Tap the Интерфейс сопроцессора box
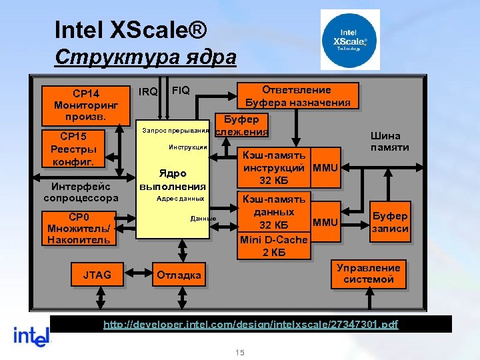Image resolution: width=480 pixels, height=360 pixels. pyautogui.click(x=81, y=192)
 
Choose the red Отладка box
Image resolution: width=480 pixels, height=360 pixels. pyautogui.click(x=179, y=275)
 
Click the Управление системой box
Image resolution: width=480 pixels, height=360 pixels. pyautogui.click(x=368, y=273)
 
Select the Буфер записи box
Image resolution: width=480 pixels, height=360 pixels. pyautogui.click(x=390, y=222)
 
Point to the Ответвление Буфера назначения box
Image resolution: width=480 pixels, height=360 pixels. pyautogui.click(x=297, y=95)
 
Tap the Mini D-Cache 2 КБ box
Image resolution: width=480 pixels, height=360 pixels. pyautogui.click(x=275, y=245)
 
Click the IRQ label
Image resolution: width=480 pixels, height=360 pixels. pyautogui.click(x=147, y=91)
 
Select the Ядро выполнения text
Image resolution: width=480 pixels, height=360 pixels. pyautogui.click(x=172, y=179)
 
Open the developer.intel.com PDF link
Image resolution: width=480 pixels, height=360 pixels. pyautogui.click(x=250, y=324)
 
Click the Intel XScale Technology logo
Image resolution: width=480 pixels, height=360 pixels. pyautogui.click(x=350, y=39)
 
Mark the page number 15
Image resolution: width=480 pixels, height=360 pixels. pyautogui.click(x=240, y=352)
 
